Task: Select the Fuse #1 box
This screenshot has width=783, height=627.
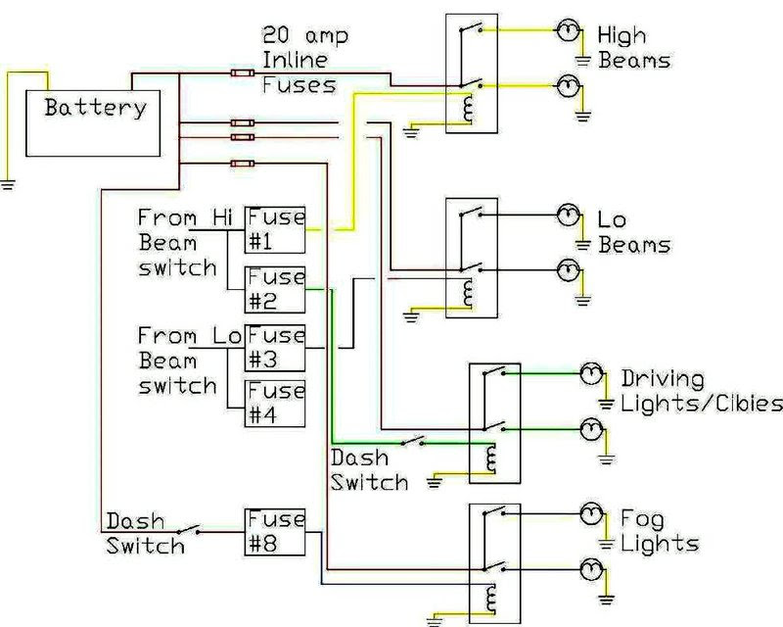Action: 275,227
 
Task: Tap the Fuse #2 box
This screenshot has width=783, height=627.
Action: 275,288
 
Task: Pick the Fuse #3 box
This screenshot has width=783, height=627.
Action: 275,346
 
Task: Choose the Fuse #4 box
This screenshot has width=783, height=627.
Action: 275,404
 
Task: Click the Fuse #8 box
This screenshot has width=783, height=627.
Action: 275,531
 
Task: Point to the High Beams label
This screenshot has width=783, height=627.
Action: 633,48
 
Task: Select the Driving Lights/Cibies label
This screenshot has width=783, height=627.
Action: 701,391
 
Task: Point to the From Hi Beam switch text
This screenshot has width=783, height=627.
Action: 186,241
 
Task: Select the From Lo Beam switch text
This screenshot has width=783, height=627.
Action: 186,360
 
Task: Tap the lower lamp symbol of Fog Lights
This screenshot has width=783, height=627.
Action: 591,567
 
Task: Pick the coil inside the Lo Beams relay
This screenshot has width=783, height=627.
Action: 467,292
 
